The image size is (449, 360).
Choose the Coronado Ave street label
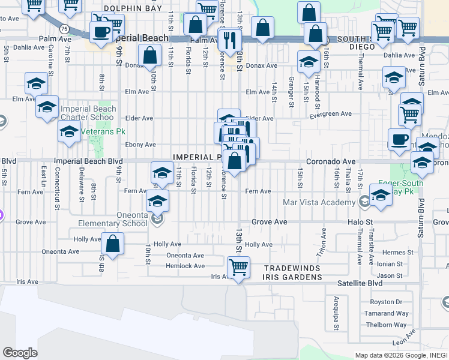click(x=331, y=162)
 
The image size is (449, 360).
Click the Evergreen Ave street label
click(x=330, y=113)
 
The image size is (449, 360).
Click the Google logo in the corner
click(x=20, y=353)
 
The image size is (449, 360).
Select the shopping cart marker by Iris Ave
click(x=239, y=267)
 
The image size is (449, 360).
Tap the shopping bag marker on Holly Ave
click(x=112, y=244)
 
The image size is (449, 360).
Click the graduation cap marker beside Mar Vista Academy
click(x=381, y=196)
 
